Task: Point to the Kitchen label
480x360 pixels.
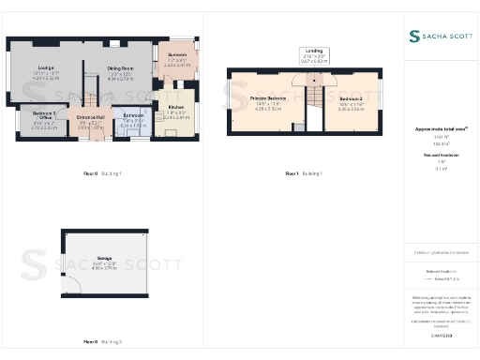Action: (x=177, y=108)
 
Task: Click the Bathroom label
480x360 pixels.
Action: (x=133, y=116)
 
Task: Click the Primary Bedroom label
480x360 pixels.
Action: (x=268, y=98)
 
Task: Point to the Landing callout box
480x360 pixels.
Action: (x=313, y=54)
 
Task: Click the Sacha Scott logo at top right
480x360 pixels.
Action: (x=441, y=36)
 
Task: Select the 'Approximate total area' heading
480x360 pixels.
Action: (x=441, y=128)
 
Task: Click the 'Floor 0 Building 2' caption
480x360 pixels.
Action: (x=103, y=342)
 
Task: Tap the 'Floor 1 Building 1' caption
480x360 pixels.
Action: (x=304, y=173)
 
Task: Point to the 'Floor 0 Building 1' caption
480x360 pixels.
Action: (x=103, y=173)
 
